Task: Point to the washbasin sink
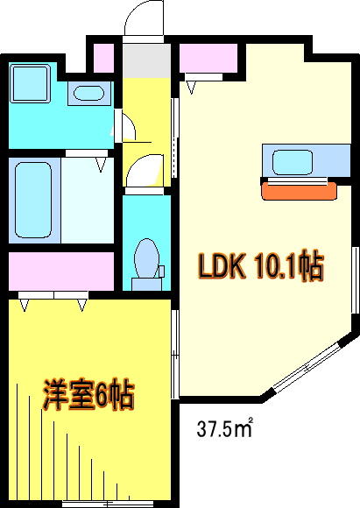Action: (x=87, y=93)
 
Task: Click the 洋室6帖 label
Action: (x=88, y=396)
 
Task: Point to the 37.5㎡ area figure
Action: (x=224, y=429)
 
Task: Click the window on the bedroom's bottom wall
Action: (x=96, y=503)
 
